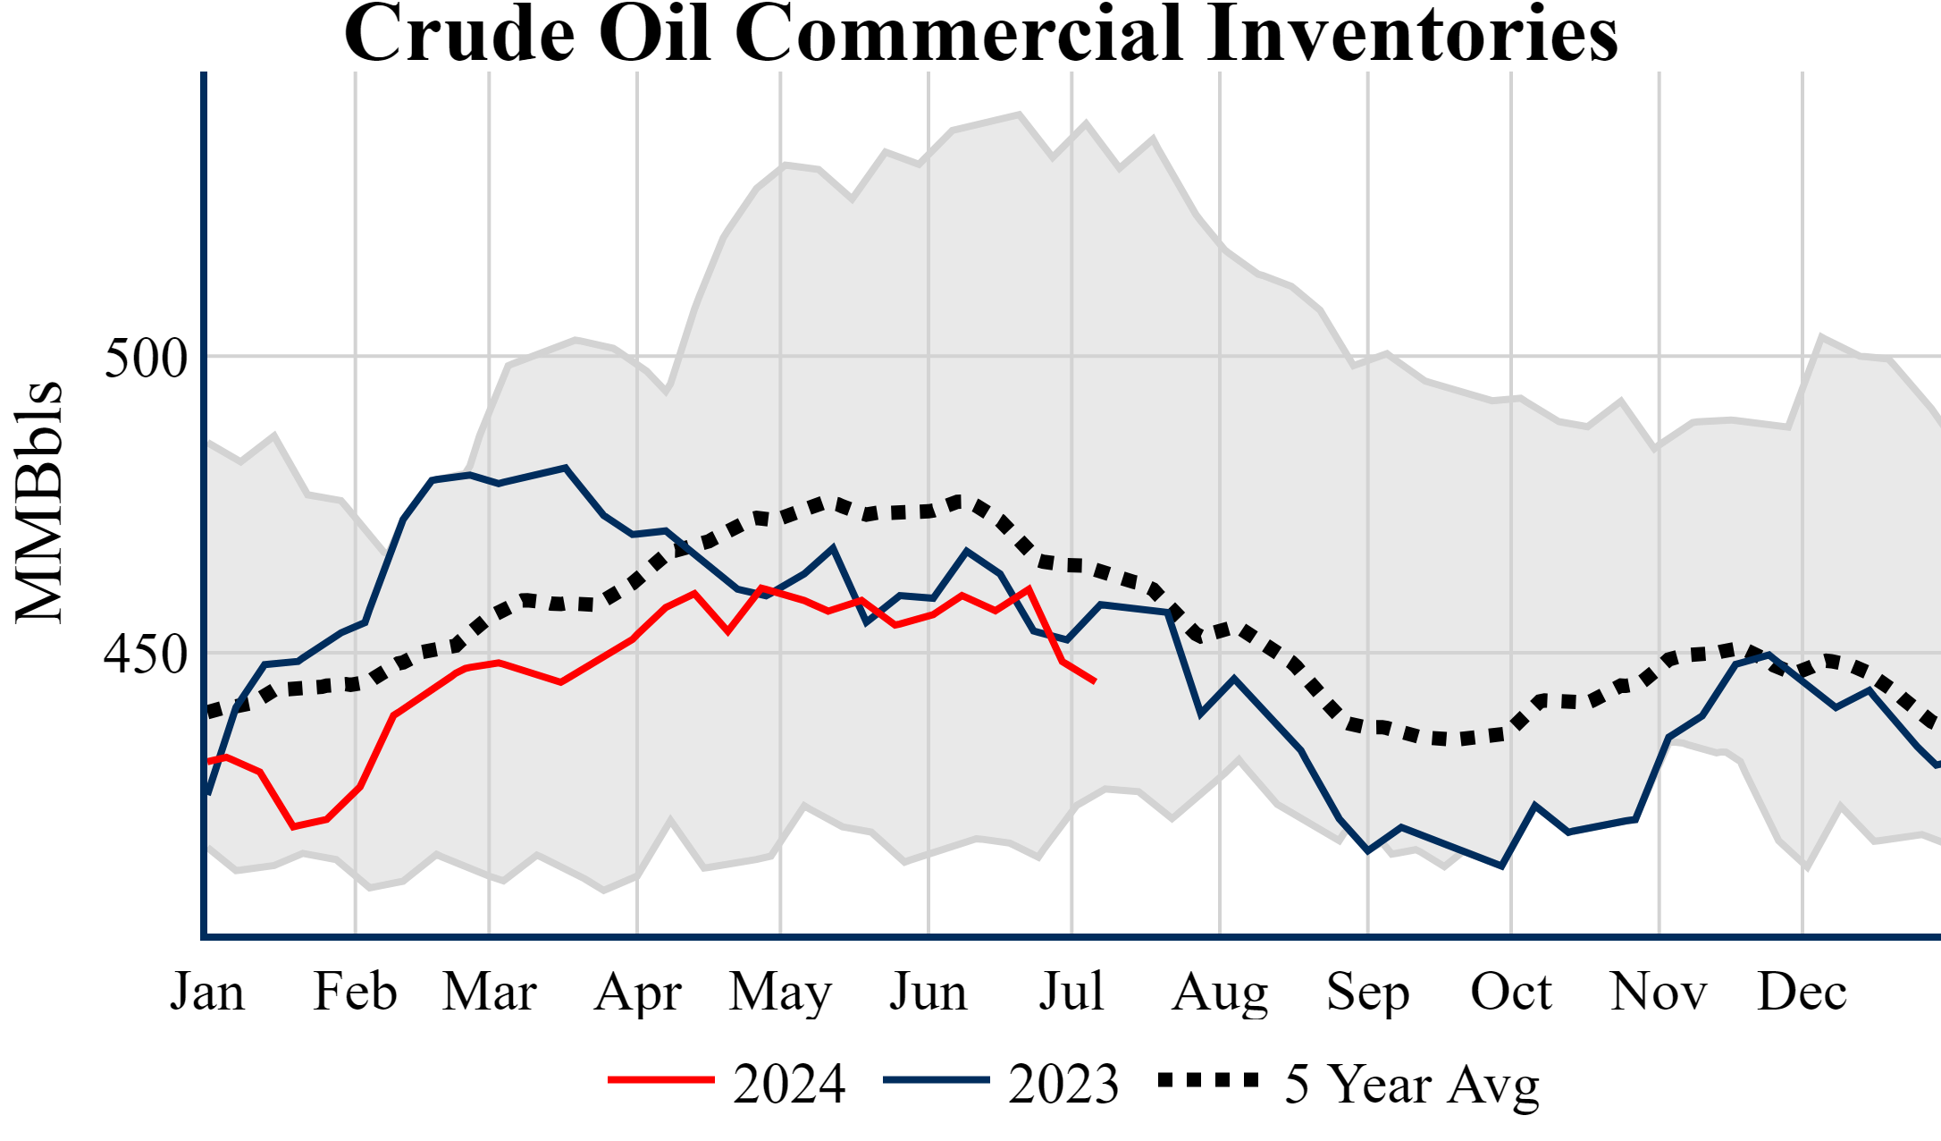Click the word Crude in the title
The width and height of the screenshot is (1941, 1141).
point(458,34)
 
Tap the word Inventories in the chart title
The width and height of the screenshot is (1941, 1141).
point(1412,34)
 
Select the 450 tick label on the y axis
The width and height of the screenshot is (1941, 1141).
point(146,655)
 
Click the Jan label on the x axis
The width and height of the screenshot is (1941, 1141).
point(207,992)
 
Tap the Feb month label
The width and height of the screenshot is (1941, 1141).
point(355,992)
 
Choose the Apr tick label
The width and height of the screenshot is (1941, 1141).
point(637,992)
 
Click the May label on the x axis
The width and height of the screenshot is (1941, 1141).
point(780,992)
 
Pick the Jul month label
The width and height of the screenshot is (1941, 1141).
point(1071,992)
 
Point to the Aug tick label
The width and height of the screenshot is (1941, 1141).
point(1220,992)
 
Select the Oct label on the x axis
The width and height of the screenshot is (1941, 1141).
point(1511,992)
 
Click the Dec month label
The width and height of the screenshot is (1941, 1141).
point(1802,992)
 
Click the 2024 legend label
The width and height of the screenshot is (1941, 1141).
point(789,1084)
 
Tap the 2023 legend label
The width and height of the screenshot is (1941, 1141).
point(1063,1084)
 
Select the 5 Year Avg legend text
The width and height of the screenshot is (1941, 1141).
point(1412,1084)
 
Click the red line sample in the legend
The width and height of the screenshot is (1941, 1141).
point(661,1080)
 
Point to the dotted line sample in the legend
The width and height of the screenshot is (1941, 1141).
point(1208,1080)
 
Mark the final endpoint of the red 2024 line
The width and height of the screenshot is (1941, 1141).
point(1095,682)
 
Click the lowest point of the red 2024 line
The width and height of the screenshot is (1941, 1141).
point(293,827)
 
